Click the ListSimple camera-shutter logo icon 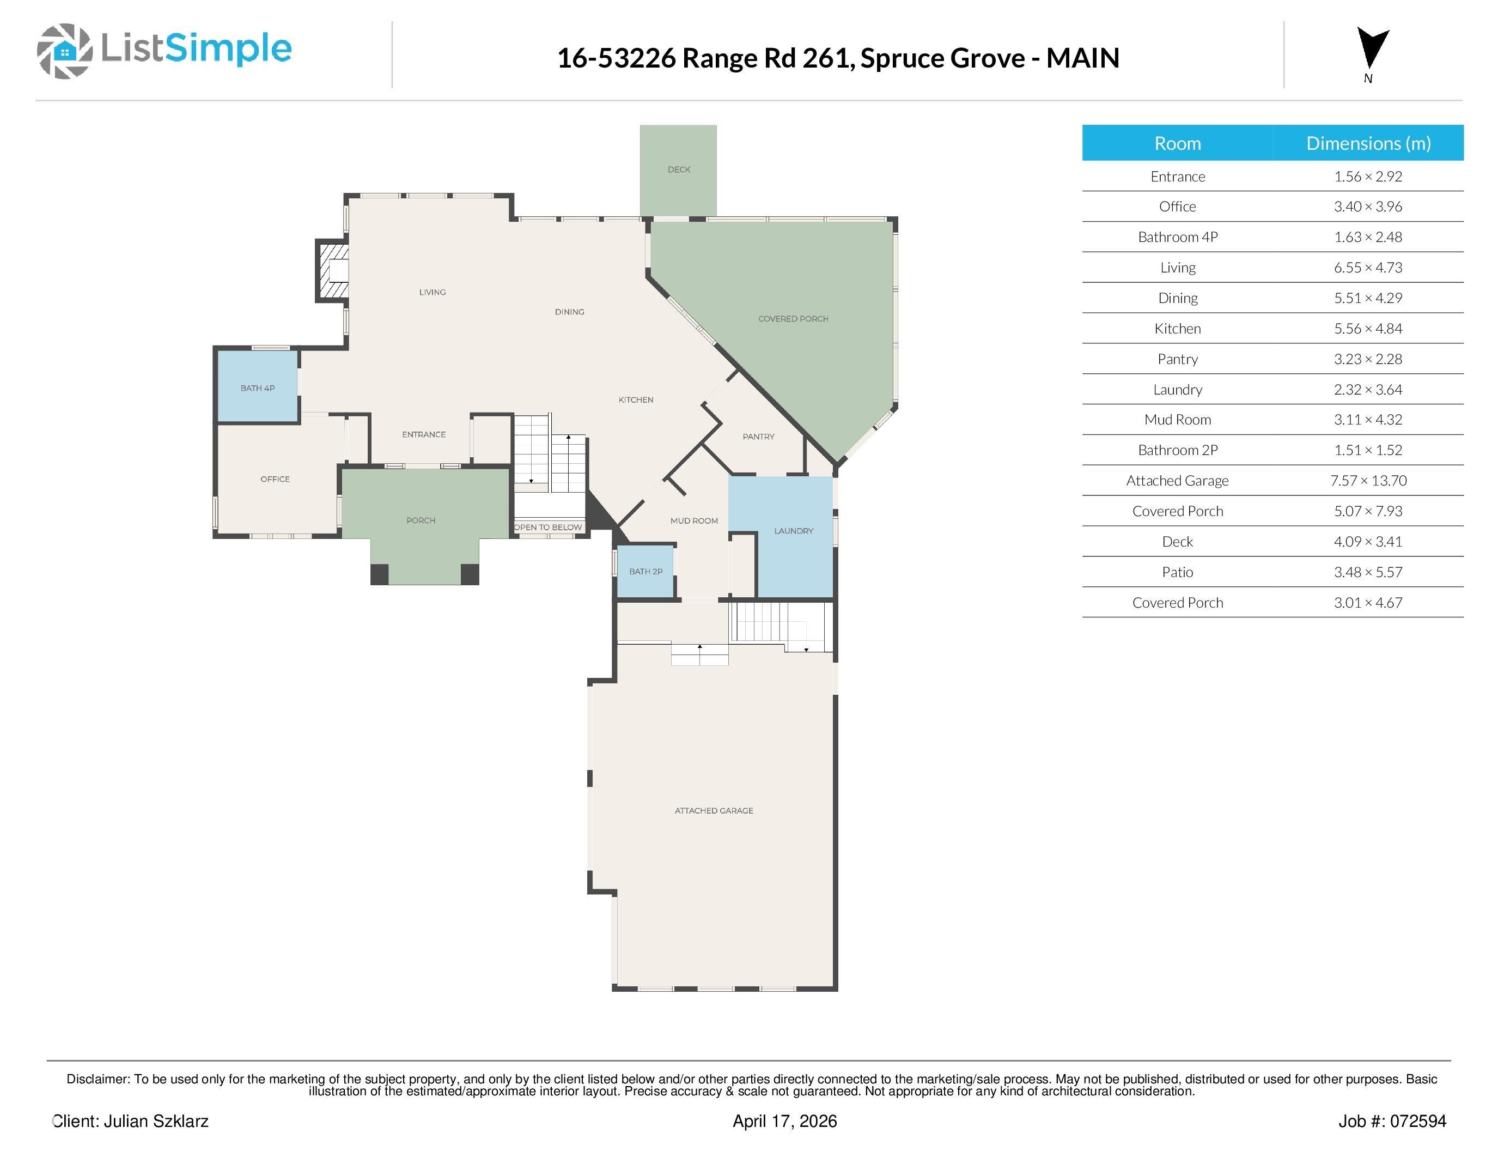pos(64,51)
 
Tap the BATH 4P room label pos(257,389)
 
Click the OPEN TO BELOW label pos(548,528)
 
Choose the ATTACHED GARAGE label pos(714,811)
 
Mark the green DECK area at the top pos(678,170)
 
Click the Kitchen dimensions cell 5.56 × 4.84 pos(1368,329)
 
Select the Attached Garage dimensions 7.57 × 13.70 pos(1368,481)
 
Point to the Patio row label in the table pos(1177,572)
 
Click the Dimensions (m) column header pos(1368,143)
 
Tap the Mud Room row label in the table pos(1177,420)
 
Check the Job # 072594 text pos(1392,1121)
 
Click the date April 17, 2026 pos(784,1121)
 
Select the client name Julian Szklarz pos(156,1121)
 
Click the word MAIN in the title pos(1082,58)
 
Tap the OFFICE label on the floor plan pos(275,479)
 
